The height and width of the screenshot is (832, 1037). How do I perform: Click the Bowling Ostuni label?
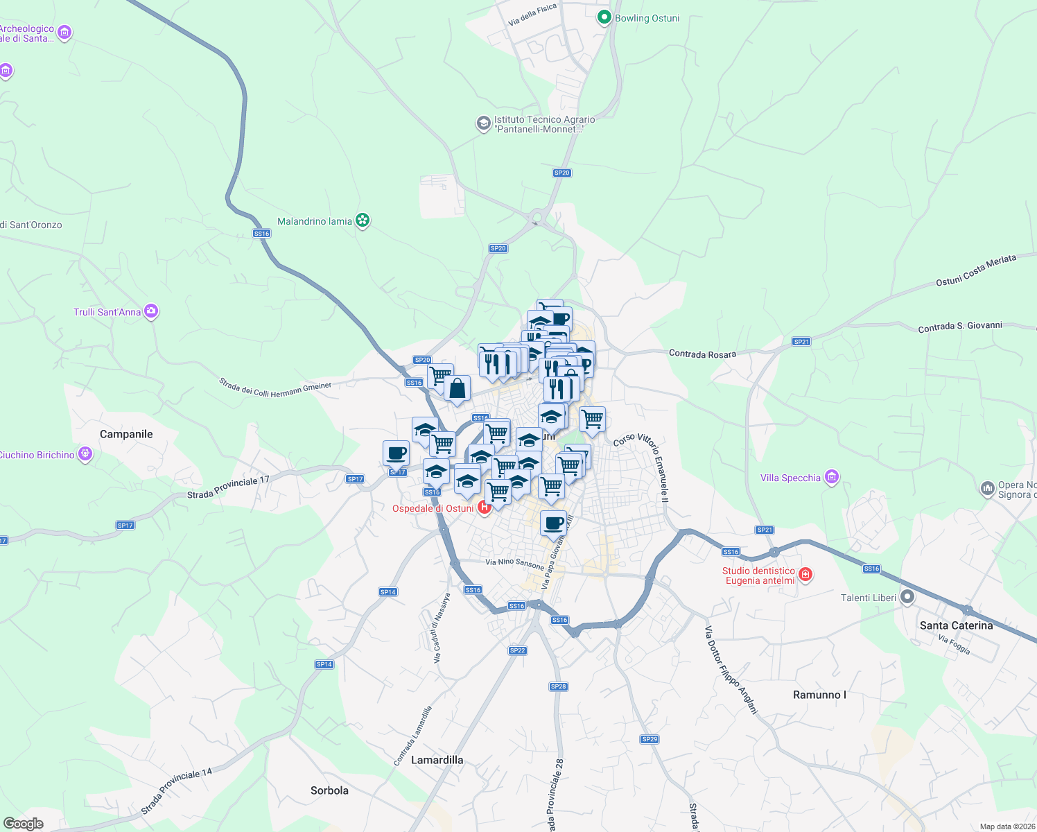[647, 18]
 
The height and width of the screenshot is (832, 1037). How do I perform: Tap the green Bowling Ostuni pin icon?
[604, 17]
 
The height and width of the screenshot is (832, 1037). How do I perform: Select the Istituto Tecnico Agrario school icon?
[483, 124]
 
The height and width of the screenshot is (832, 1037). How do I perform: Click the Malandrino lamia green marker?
[362, 220]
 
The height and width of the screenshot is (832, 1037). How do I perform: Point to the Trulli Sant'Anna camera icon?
[151, 311]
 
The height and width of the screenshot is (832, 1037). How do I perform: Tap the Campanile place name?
[126, 434]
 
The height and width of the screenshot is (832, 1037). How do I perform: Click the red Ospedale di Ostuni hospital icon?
[485, 508]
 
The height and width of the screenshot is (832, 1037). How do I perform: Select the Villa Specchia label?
[790, 478]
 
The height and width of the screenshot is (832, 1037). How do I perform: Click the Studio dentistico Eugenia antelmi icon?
[805, 574]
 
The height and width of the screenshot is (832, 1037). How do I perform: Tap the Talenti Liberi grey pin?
[907, 598]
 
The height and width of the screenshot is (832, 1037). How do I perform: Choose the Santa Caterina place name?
[956, 625]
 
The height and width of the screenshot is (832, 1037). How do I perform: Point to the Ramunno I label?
[819, 695]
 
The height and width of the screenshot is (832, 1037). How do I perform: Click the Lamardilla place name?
[437, 760]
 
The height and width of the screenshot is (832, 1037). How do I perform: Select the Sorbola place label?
[329, 790]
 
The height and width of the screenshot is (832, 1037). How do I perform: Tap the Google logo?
[24, 823]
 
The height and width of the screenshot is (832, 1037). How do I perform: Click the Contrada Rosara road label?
[702, 354]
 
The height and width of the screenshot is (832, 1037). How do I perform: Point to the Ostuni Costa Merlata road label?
[975, 270]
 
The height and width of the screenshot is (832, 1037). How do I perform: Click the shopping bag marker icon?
[458, 389]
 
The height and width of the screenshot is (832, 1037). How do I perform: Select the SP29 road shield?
[650, 739]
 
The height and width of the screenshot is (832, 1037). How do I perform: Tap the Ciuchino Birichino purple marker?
[85, 454]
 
